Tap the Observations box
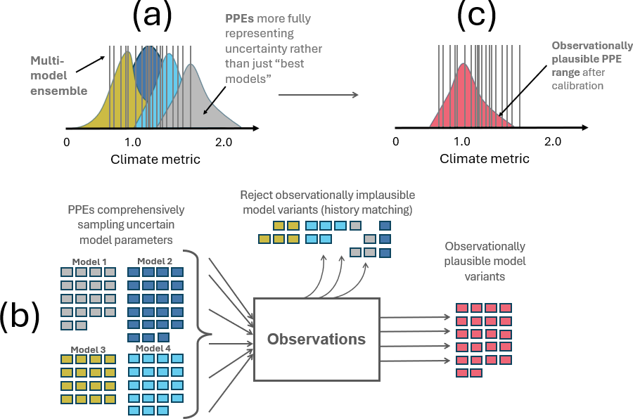(x=316, y=339)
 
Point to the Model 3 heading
(x=87, y=349)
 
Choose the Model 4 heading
(x=154, y=348)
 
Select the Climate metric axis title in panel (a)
(x=155, y=160)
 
